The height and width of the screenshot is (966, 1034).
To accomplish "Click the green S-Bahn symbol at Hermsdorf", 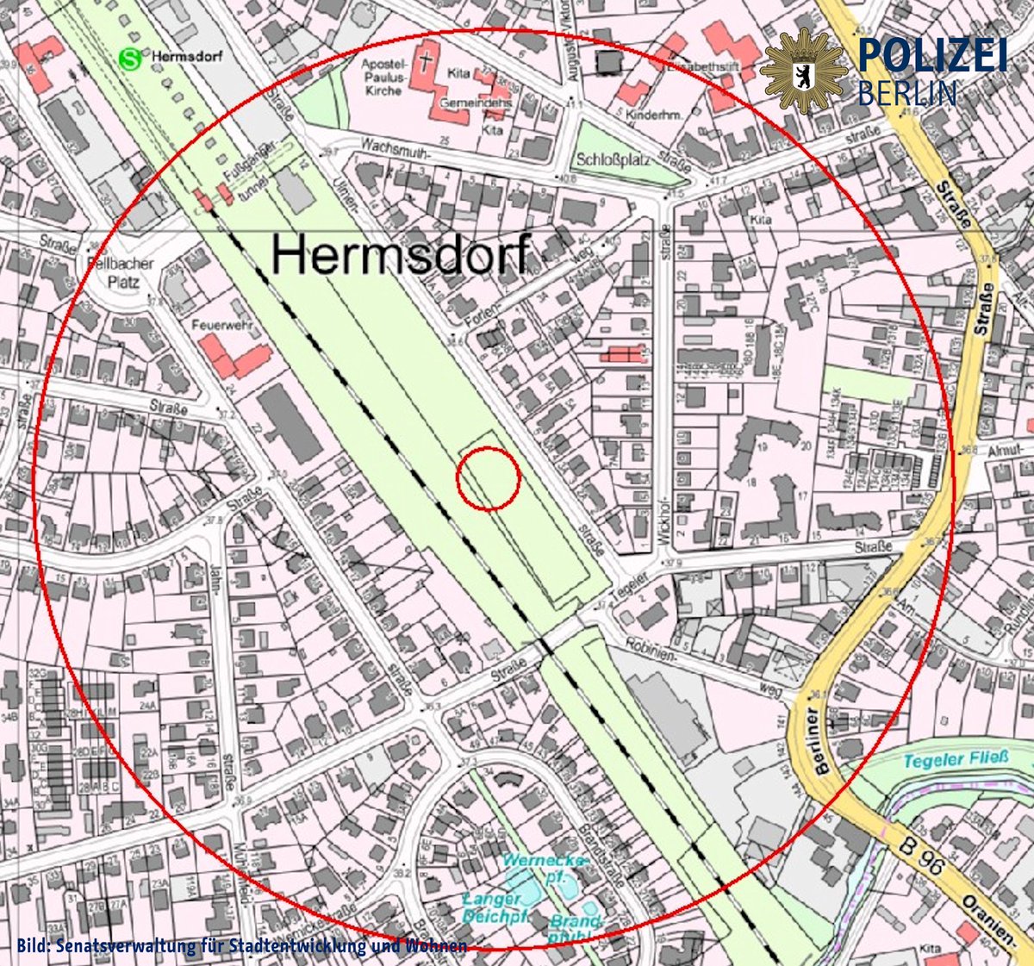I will tap(130, 59).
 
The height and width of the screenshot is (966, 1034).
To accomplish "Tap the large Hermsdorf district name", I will tap(402, 254).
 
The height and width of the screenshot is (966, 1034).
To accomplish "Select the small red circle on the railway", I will tap(488, 478).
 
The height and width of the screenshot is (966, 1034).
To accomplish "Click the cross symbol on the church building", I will tap(425, 61).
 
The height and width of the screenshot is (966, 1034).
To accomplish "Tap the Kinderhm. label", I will tap(655, 115).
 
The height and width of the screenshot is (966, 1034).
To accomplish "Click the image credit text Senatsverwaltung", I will tap(241, 945).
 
